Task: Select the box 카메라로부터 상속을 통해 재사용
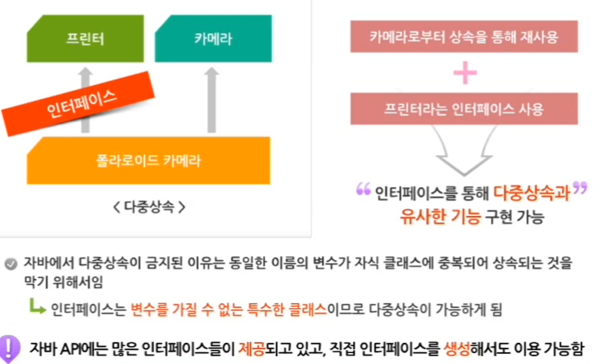[x=465, y=36]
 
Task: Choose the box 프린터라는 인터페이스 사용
[x=465, y=108]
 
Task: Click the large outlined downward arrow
[x=465, y=149]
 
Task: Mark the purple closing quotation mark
[x=578, y=189]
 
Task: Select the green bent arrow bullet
[x=37, y=307]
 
